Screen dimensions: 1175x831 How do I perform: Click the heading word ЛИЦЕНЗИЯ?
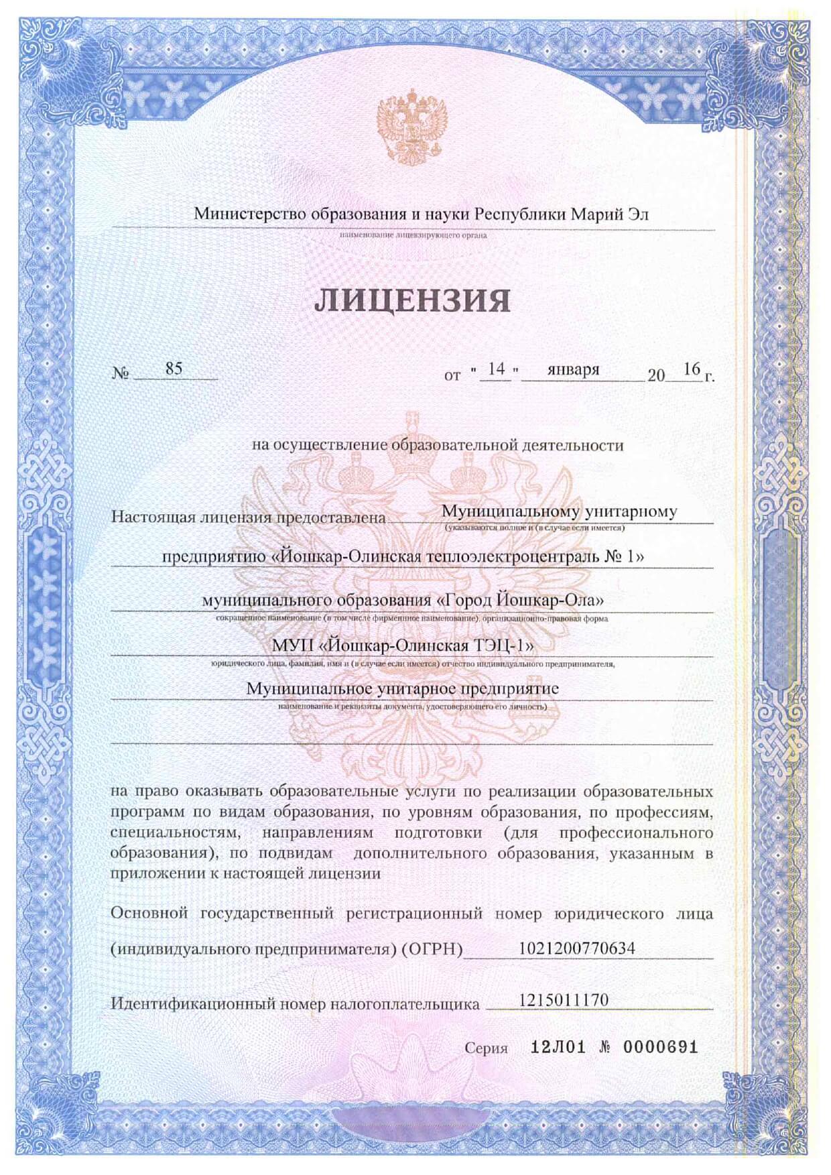(412, 300)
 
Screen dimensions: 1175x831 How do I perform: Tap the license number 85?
(174, 369)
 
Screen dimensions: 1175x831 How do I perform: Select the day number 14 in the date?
(496, 369)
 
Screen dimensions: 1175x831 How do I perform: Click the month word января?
(573, 369)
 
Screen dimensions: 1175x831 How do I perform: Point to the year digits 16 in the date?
(692, 369)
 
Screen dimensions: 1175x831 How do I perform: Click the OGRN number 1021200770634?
(576, 948)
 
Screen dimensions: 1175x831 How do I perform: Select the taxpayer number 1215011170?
(564, 999)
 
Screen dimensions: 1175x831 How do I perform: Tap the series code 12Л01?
(558, 1047)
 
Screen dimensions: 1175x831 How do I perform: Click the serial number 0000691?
(661, 1047)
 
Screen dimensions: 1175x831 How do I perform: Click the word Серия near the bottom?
(486, 1048)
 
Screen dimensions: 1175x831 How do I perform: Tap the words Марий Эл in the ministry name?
(610, 214)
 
